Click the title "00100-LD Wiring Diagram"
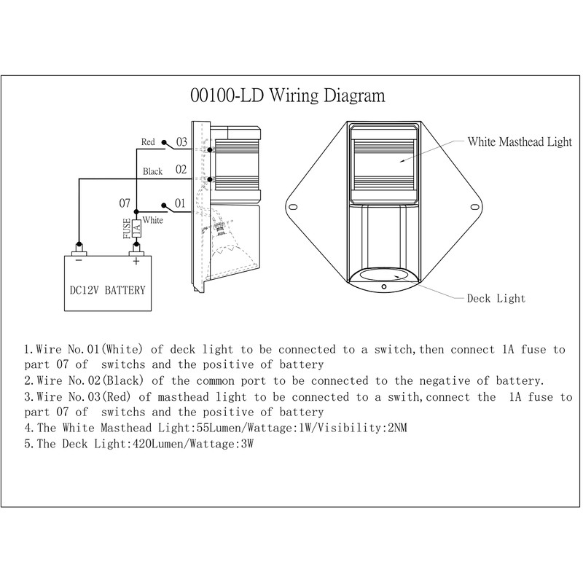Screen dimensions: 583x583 [x=287, y=95]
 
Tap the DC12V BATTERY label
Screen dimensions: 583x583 [x=107, y=290]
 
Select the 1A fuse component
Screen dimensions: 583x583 [x=136, y=228]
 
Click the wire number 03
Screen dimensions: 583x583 [x=181, y=141]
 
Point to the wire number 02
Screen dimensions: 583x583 [x=181, y=170]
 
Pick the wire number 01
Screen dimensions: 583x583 [x=180, y=203]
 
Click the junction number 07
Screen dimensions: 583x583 [x=125, y=203]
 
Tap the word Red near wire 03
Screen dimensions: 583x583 [x=148, y=142]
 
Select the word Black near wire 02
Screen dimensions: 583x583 [x=152, y=171]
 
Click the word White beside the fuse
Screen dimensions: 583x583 [x=153, y=220]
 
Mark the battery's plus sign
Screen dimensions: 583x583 [x=136, y=262]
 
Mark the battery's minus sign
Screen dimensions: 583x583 [x=79, y=261]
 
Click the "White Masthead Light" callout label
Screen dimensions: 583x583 [x=520, y=141]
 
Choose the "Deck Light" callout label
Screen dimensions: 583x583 [x=496, y=299]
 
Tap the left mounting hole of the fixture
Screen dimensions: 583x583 [x=293, y=207]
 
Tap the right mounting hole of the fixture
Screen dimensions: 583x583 [x=474, y=207]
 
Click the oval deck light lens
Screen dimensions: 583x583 [x=384, y=275]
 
